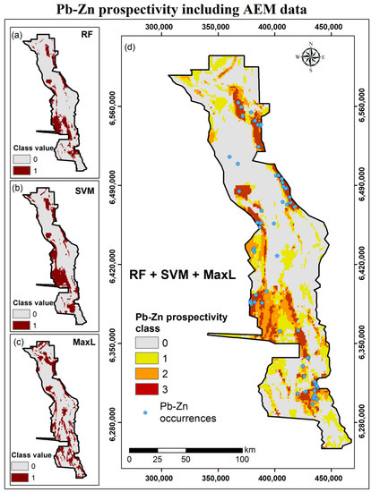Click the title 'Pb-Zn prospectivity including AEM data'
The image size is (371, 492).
[x=185, y=10]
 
